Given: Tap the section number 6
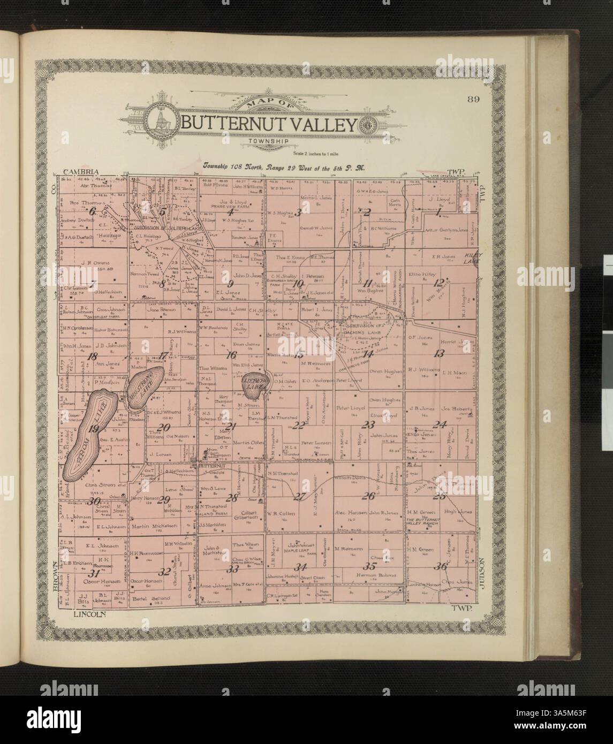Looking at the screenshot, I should (x=92, y=211).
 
